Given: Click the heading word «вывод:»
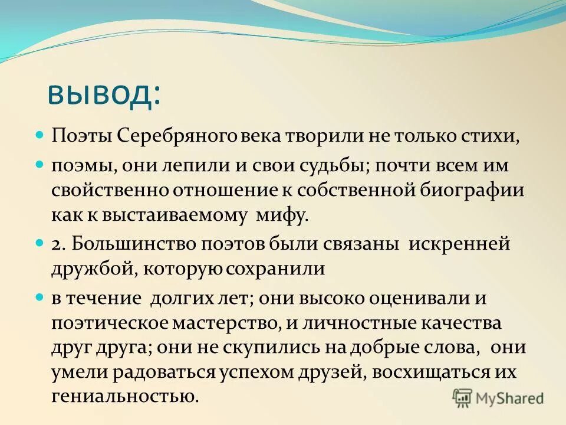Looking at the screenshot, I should click(x=103, y=92).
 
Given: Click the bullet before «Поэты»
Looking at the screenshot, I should click(x=40, y=135).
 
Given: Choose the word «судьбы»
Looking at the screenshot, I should click(x=335, y=165).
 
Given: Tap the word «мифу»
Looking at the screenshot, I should click(x=282, y=215).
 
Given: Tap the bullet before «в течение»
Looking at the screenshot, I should click(x=40, y=296).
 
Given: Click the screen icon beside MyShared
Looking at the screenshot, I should click(x=463, y=398).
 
